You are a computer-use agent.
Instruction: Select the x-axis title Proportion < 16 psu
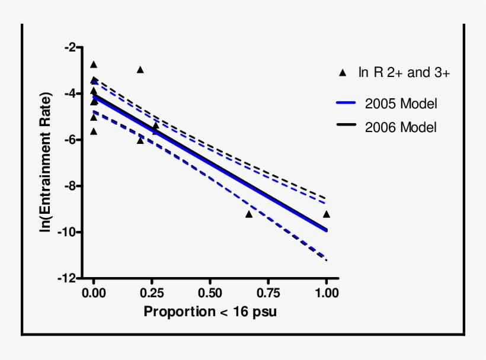tap(210, 311)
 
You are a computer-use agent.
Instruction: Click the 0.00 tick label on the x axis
tap(93, 293)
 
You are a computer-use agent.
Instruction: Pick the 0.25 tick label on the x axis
tap(151, 293)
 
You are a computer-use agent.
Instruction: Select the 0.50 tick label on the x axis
tap(210, 293)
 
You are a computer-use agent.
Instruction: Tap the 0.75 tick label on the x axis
tap(268, 293)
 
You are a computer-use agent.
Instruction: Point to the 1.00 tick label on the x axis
tap(326, 293)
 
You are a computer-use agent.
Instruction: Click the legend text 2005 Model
tap(401, 104)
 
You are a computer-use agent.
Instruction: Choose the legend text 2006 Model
tap(401, 127)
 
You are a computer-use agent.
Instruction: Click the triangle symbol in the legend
tap(342, 73)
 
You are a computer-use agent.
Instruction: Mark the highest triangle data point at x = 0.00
tap(93, 65)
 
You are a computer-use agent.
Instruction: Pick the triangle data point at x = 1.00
tap(326, 214)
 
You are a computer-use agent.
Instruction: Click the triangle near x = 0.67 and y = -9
tap(249, 214)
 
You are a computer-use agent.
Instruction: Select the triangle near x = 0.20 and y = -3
tap(140, 70)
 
